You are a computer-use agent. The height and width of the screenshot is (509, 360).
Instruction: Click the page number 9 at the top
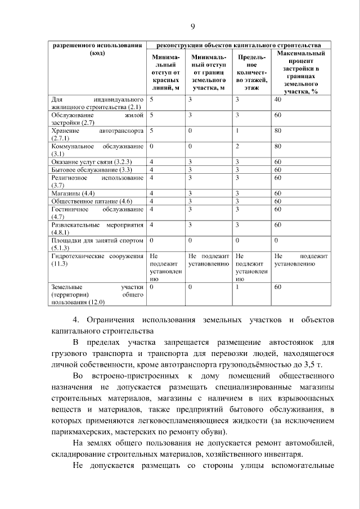(192, 26)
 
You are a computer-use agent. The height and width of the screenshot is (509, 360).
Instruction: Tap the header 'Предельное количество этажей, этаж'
(251, 72)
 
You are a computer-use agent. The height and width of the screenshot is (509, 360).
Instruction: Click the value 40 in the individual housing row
(277, 99)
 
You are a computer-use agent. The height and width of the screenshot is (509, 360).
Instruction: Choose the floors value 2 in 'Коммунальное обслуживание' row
(238, 146)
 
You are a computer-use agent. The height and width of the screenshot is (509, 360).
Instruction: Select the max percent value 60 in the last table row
(277, 287)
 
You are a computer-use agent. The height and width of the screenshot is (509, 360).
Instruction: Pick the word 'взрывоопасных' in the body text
(293, 399)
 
